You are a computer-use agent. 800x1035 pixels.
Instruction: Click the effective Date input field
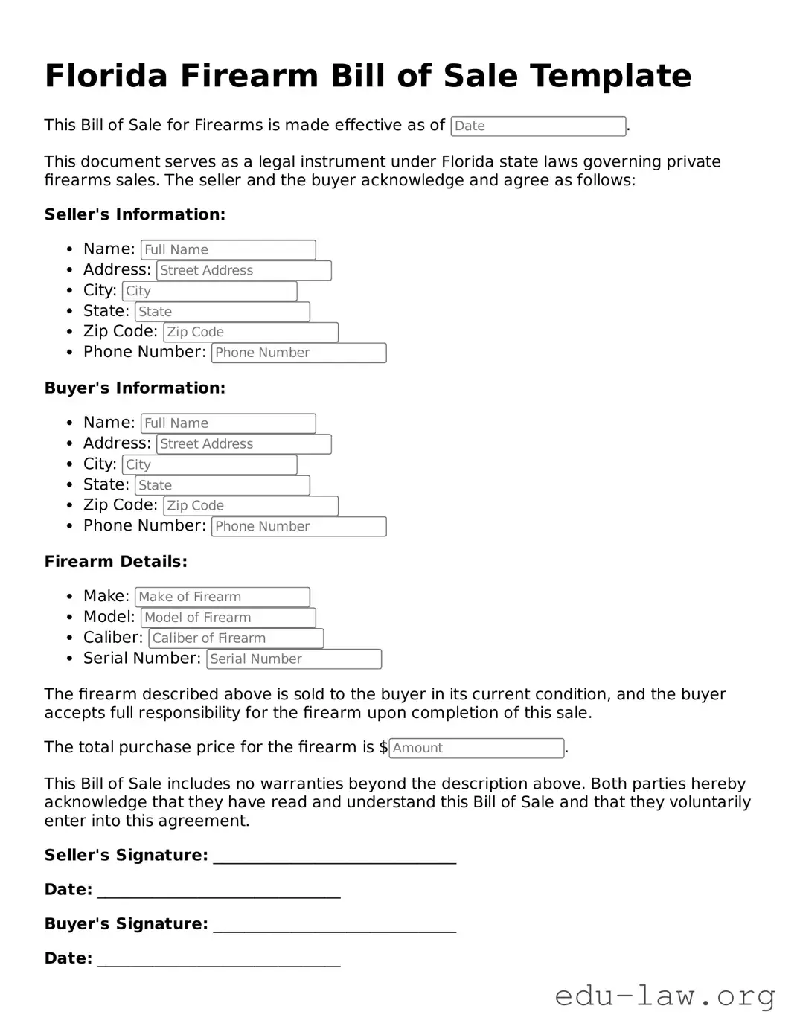coord(538,126)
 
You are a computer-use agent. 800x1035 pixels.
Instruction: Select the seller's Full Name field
coord(228,250)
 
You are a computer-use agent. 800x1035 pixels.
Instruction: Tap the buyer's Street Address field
coord(243,444)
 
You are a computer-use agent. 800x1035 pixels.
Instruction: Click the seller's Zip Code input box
coord(251,333)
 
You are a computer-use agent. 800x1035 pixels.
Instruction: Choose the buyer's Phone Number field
coord(298,527)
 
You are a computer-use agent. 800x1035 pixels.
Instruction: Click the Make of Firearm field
coord(222,597)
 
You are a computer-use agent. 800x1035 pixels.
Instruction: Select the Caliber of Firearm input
coord(236,638)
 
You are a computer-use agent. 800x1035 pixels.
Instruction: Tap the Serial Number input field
coord(294,659)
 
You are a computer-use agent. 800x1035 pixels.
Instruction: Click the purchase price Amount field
coord(476,749)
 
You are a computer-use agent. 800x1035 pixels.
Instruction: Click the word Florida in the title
coord(106,76)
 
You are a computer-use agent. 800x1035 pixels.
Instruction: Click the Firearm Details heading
coord(115,562)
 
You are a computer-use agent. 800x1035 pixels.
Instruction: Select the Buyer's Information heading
coord(135,388)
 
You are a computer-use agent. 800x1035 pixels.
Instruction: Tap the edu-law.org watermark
coord(665,996)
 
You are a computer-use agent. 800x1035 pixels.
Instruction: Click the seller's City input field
coord(209,292)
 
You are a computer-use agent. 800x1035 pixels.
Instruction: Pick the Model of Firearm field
coord(228,618)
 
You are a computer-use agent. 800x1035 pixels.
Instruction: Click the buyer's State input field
coord(222,486)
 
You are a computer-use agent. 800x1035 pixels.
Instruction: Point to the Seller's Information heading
coord(135,215)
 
